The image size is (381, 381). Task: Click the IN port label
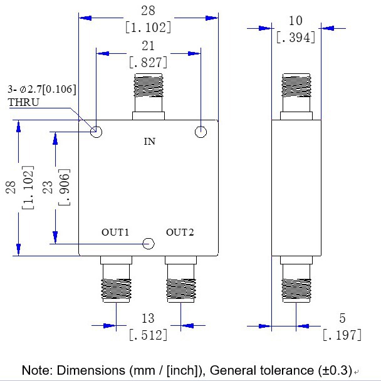click(x=149, y=142)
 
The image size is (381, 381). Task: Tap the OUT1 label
click(x=115, y=232)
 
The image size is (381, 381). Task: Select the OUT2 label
click(x=180, y=232)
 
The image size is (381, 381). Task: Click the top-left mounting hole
click(x=97, y=132)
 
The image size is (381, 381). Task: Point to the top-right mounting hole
click(x=201, y=132)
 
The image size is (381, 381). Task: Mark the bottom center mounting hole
click(x=149, y=244)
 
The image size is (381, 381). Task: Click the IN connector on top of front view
click(x=148, y=96)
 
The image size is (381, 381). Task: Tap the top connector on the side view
click(x=296, y=96)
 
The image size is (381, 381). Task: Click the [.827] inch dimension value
click(x=148, y=63)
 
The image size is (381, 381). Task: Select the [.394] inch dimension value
click(x=295, y=37)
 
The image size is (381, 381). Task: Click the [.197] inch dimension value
click(x=342, y=335)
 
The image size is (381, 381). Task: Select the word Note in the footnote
click(x=36, y=370)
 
